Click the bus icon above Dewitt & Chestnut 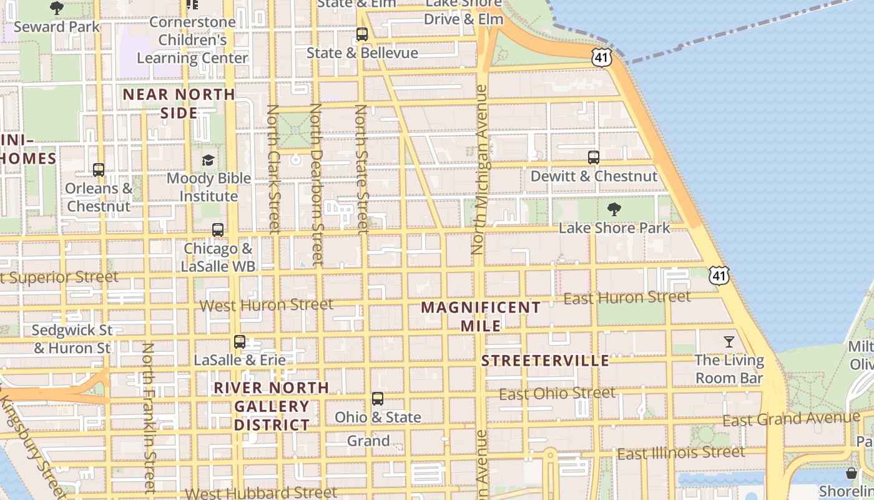point(593,157)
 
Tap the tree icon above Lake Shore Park point(614,209)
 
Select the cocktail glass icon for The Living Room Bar point(729,341)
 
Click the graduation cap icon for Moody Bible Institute point(208,160)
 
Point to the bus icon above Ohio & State point(377,398)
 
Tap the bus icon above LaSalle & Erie point(239,341)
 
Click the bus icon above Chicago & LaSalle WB point(217,229)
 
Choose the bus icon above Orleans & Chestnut point(98,169)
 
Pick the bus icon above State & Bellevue point(361,34)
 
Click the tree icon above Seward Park point(57,8)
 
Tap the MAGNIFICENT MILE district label point(481,316)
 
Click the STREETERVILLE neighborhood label point(545,361)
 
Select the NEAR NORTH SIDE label point(179,104)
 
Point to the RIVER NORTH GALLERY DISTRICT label point(272,406)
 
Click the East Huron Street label point(627,297)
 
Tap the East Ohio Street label point(557,394)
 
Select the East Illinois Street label point(680,452)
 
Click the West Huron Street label point(266,305)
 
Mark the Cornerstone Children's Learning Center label point(192,40)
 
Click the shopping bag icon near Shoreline point(852,472)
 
